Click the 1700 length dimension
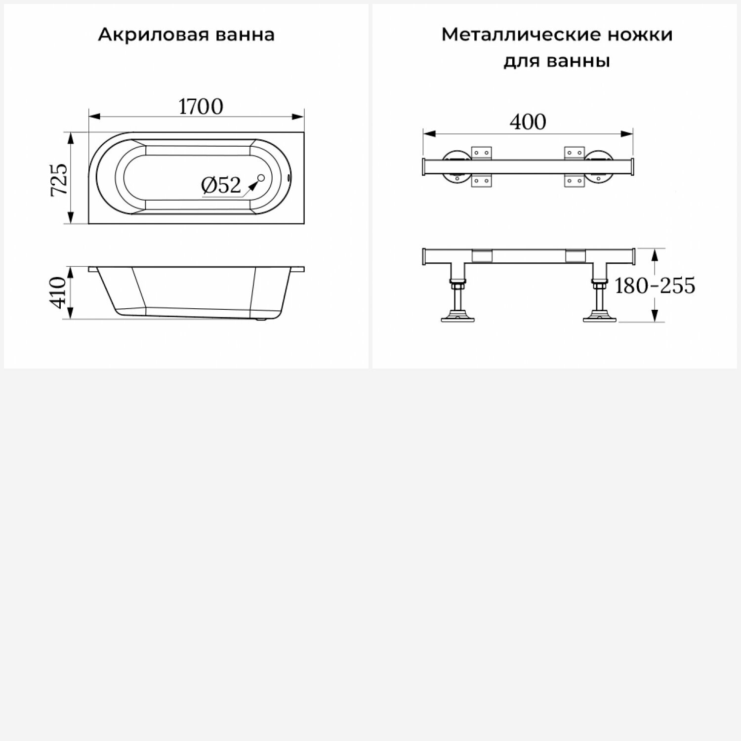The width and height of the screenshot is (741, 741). [201, 107]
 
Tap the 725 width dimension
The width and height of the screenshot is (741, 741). [59, 180]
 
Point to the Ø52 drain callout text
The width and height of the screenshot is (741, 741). [221, 185]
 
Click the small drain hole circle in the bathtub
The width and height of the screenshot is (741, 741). [261, 178]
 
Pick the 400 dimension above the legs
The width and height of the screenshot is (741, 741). [528, 122]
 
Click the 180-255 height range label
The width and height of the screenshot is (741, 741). [655, 286]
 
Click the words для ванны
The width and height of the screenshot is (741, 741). [557, 61]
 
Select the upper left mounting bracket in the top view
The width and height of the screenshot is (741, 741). [482, 153]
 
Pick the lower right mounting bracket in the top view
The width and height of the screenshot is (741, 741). [574, 181]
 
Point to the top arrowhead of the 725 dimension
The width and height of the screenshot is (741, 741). [71, 138]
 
